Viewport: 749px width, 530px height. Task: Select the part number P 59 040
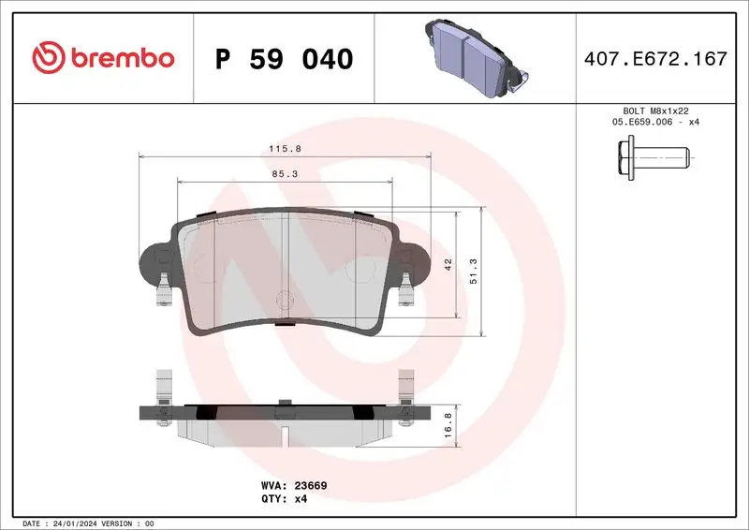click(284, 59)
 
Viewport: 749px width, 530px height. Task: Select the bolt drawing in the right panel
click(653, 155)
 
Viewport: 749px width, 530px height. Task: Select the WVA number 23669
click(308, 486)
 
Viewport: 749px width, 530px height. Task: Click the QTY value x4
click(301, 499)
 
